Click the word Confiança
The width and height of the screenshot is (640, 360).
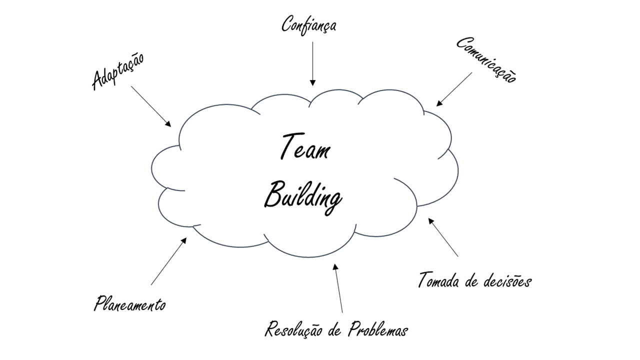(308, 25)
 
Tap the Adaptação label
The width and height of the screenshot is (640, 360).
(118, 72)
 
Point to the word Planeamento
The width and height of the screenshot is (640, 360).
(129, 303)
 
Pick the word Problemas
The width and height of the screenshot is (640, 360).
(378, 330)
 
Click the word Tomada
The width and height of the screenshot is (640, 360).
(438, 280)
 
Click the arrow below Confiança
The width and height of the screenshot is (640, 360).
(313, 63)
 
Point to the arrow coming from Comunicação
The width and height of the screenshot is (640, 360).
(454, 89)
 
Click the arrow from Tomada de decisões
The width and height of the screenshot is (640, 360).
(443, 237)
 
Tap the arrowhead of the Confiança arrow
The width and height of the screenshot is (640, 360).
(313, 82)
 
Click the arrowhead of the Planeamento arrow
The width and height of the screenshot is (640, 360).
(184, 240)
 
